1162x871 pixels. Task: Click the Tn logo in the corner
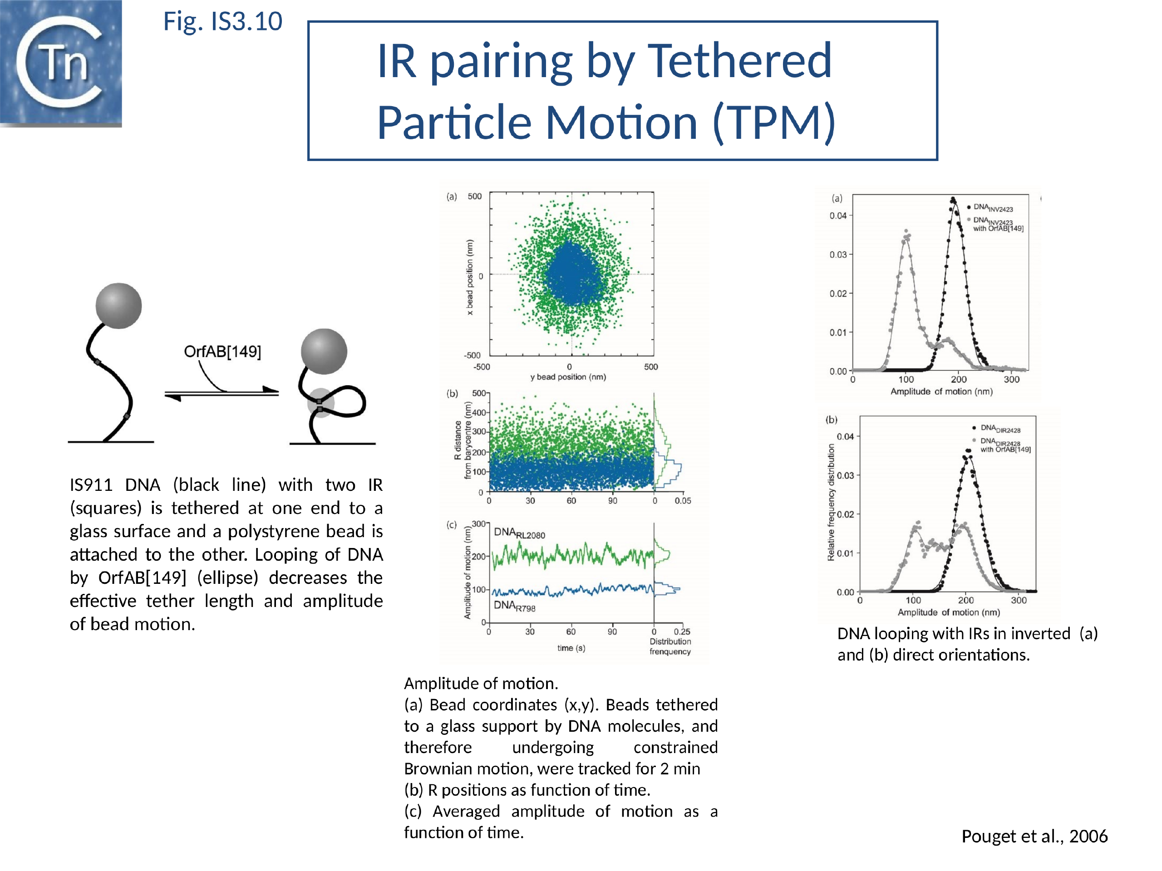click(x=60, y=63)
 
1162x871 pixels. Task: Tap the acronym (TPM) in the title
click(x=773, y=123)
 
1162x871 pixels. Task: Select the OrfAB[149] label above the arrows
click(x=222, y=352)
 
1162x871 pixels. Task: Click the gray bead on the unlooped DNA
click(x=119, y=306)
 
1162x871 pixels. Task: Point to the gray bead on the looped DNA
click(x=324, y=351)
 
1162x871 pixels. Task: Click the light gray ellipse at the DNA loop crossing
click(x=320, y=403)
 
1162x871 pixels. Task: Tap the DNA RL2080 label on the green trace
click(x=519, y=533)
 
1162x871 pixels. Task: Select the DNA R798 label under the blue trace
click(x=514, y=607)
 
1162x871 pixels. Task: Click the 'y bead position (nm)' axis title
click(x=568, y=377)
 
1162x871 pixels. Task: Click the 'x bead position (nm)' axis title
click(x=470, y=277)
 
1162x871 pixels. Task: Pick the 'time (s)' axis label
click(x=571, y=648)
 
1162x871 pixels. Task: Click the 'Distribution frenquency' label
click(x=670, y=646)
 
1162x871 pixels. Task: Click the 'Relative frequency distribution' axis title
click(x=831, y=503)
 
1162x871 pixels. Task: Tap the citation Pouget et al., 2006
click(x=1034, y=836)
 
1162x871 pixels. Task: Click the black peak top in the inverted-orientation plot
click(x=953, y=200)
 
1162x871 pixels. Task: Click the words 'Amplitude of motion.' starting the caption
click(x=481, y=684)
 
